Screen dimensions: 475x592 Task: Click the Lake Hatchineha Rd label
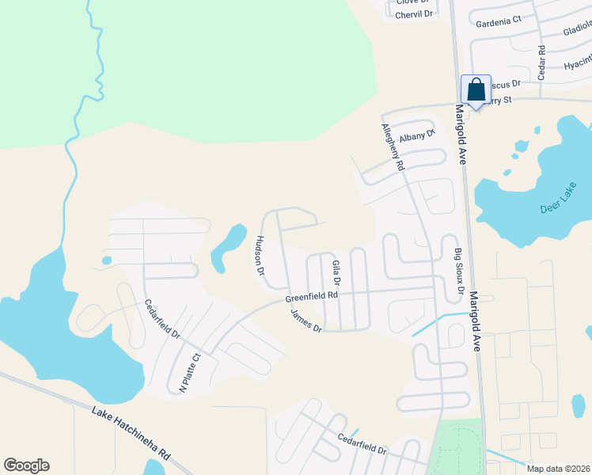pyautogui.click(x=131, y=434)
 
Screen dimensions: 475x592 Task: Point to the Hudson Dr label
pyautogui.click(x=260, y=256)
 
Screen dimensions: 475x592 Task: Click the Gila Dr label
pyautogui.click(x=336, y=273)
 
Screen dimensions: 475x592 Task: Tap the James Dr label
pyautogui.click(x=306, y=321)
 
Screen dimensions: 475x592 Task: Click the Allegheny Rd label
pyautogui.click(x=393, y=148)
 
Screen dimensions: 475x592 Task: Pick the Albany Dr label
pyautogui.click(x=418, y=136)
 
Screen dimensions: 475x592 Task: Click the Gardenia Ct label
pyautogui.click(x=498, y=21)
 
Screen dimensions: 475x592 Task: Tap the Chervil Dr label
pyautogui.click(x=416, y=14)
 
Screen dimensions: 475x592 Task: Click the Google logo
pyautogui.click(x=26, y=465)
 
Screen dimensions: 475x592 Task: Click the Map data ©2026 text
pyautogui.click(x=558, y=469)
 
